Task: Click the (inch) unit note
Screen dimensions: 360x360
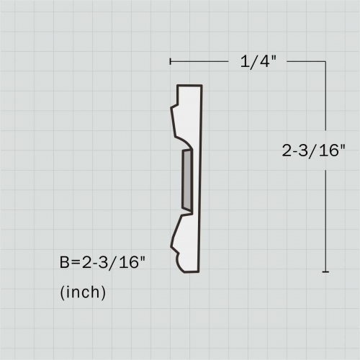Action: coord(83,292)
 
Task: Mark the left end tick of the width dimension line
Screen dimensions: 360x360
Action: coord(171,62)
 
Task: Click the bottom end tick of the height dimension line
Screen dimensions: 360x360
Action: coord(326,271)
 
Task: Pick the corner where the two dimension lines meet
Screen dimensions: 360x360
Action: coord(326,62)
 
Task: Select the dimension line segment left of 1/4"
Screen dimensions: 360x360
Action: coord(202,62)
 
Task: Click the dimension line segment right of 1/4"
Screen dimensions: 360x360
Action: coord(306,62)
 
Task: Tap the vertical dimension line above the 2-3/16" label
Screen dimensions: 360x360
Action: coord(326,101)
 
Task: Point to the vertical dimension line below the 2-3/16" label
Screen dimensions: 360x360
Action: coord(326,216)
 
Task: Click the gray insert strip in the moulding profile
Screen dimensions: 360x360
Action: coord(186,180)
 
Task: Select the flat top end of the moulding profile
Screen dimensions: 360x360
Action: coord(190,86)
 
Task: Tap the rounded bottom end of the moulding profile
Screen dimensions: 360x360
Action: coord(189,271)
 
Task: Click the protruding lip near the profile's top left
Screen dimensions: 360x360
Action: coord(174,108)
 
